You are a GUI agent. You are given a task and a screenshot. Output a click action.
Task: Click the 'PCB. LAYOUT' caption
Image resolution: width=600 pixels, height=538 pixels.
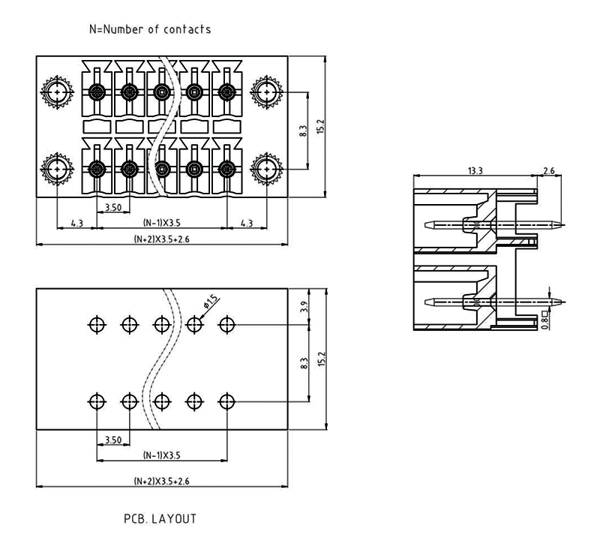coord(160,518)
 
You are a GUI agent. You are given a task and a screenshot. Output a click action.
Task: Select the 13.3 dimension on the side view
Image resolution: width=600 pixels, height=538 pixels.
coord(475,171)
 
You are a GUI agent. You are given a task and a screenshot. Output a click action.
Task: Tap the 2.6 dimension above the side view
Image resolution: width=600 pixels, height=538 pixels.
coord(548,171)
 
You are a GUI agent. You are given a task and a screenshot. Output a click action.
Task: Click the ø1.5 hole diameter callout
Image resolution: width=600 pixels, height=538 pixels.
coord(211,302)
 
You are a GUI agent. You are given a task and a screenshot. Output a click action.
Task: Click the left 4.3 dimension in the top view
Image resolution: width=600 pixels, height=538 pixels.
coord(76,223)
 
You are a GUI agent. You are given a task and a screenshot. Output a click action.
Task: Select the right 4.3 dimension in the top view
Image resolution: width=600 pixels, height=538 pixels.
coord(246,223)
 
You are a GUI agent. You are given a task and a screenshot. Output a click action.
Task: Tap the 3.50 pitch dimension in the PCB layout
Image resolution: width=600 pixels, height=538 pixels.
coord(113,439)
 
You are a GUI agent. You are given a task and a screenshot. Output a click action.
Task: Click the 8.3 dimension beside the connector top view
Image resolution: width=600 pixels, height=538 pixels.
coord(303,131)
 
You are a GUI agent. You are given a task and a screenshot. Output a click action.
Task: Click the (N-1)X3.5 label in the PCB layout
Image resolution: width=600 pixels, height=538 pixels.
coord(161,455)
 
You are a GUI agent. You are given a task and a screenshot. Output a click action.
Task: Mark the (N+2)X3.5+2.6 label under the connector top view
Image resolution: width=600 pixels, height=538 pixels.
coord(161,239)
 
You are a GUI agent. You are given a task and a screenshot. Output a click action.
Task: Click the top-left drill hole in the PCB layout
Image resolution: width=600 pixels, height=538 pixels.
coord(97,324)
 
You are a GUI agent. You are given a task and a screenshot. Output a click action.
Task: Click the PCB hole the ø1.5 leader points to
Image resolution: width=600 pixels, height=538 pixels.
coord(195,324)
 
